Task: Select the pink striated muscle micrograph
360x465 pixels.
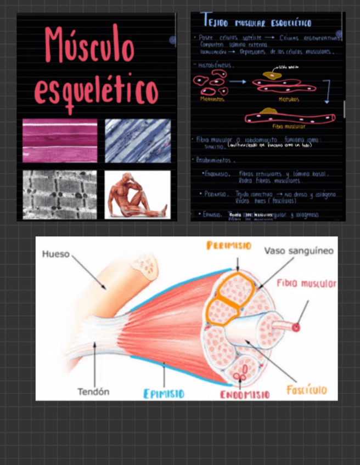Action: [60, 140]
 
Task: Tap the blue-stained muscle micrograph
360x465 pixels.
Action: [137, 140]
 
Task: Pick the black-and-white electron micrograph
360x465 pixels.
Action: [60, 194]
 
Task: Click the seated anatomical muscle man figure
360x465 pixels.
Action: [137, 194]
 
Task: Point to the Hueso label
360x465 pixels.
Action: [56, 254]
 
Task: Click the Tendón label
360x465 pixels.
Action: [93, 392]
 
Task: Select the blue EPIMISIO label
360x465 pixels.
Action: [164, 394]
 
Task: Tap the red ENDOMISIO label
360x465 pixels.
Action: [245, 395]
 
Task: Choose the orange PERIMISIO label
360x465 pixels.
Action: [229, 246]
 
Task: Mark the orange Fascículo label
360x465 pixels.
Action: [306, 390]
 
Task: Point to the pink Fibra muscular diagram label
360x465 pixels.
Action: [306, 283]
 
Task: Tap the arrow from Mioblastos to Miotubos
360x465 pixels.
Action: [237, 82]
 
